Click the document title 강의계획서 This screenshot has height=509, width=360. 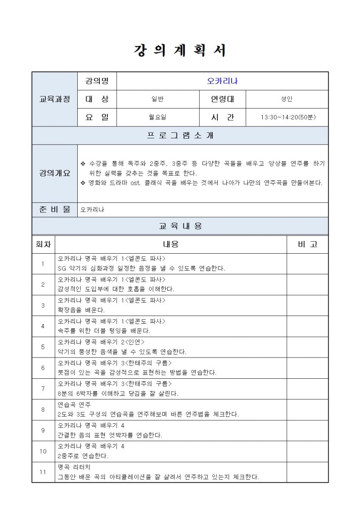click(180, 51)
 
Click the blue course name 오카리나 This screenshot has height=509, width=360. click(222, 81)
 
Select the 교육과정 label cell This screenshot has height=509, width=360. click(55, 99)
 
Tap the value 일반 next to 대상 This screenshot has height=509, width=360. click(157, 99)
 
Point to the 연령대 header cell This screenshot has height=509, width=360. click(222, 99)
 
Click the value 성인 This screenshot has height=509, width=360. click(287, 99)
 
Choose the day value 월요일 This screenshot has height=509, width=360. click(157, 117)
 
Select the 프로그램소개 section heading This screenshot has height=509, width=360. click(180, 136)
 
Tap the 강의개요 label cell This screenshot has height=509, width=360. click(55, 173)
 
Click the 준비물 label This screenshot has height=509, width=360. click(55, 210)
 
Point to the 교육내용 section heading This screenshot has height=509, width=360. click(180, 226)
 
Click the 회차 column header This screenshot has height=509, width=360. click(43, 244)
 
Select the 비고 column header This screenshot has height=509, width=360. click(307, 244)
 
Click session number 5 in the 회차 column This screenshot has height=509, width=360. click(43, 347)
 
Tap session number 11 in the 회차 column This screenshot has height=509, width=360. click(43, 472)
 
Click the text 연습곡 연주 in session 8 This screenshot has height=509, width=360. click(74, 405)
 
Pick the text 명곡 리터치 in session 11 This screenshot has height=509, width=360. click(74, 467)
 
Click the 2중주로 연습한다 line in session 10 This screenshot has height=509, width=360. click(83, 456)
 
